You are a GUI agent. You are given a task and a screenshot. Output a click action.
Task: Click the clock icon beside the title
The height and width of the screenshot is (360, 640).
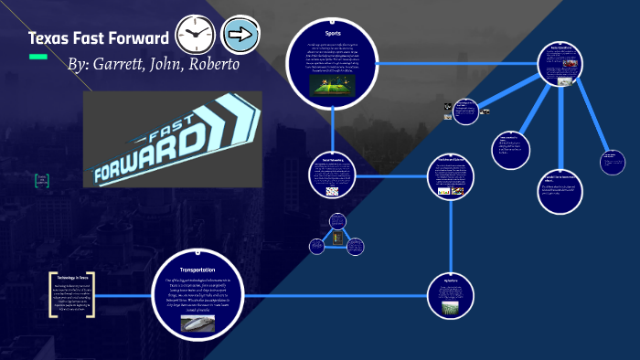[x=195, y=36]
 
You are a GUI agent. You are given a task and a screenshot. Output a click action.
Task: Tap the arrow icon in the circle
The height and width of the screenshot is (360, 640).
[x=241, y=36]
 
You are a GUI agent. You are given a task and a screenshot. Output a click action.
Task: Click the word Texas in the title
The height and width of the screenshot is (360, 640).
[x=51, y=38]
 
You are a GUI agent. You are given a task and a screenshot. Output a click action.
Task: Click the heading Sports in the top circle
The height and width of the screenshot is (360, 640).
[x=332, y=34]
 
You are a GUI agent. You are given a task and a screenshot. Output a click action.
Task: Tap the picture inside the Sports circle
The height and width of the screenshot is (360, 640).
[x=331, y=87]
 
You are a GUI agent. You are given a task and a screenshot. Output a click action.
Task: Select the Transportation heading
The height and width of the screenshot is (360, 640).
[x=198, y=270]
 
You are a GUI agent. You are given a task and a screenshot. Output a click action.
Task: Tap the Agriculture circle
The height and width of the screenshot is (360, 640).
[x=450, y=296]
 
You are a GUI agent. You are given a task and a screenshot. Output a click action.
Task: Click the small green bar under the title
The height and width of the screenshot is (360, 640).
[x=37, y=57]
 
